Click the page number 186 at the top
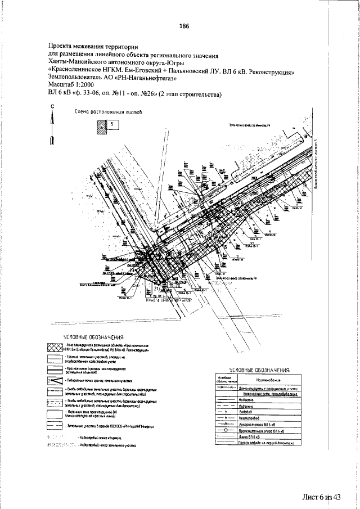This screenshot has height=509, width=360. point(183,26)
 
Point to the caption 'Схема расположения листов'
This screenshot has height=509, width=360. point(109,112)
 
